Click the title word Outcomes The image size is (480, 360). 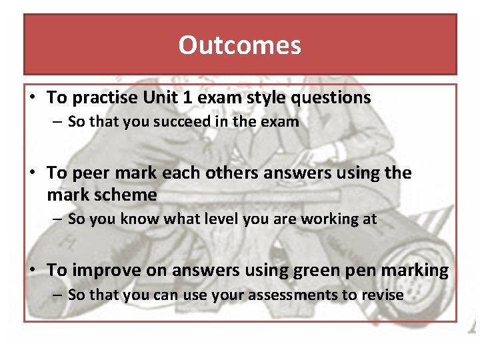239,45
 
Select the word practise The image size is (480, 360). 105,98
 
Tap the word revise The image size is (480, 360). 382,295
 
